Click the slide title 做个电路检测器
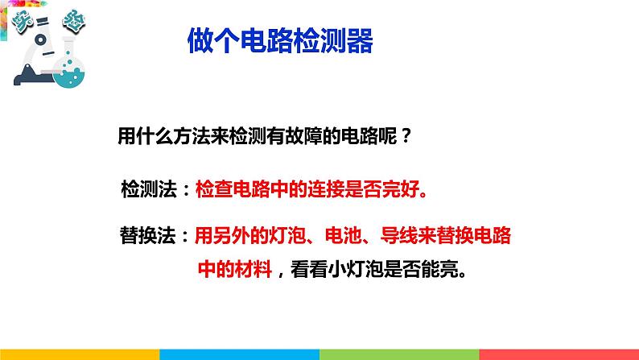(x=280, y=40)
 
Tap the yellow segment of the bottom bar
(x=80, y=354)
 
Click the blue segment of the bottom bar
(x=239, y=354)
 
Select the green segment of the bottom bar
(x=399, y=354)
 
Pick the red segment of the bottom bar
(x=559, y=354)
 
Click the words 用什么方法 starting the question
(x=162, y=134)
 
